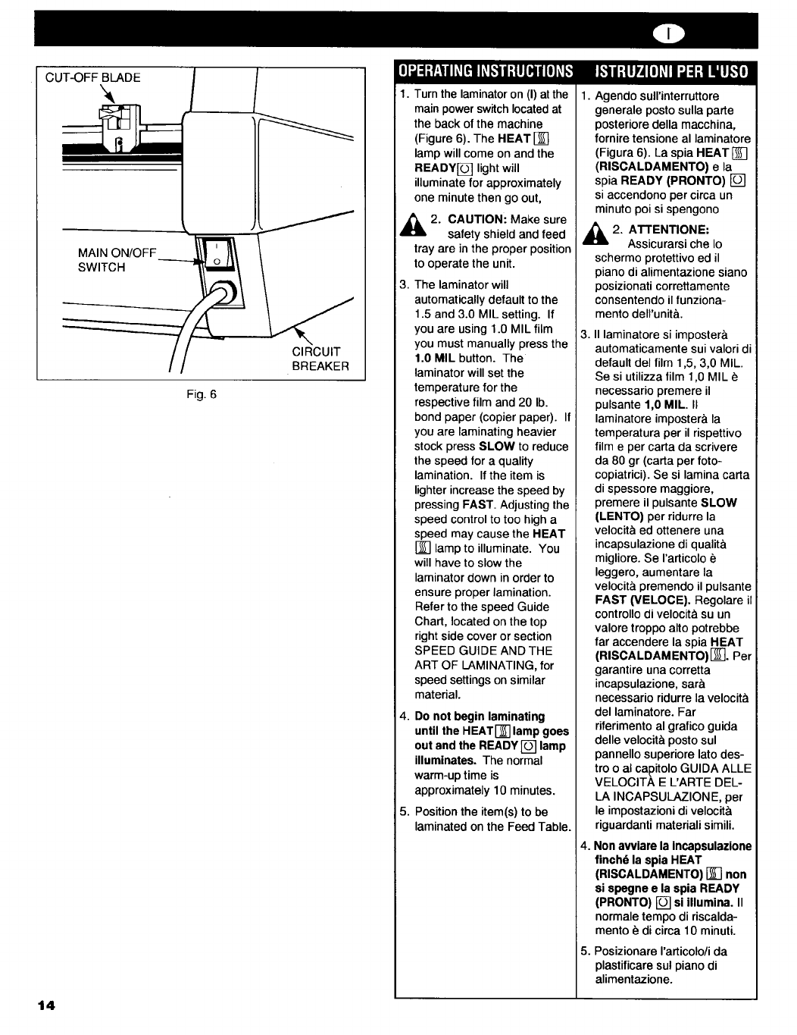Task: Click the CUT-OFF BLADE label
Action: (x=93, y=77)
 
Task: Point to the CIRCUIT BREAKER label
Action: (x=320, y=359)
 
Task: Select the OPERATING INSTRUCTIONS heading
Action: (x=486, y=71)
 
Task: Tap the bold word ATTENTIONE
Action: (x=659, y=229)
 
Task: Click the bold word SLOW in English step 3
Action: (x=497, y=447)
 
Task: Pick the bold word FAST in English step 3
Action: (x=477, y=504)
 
